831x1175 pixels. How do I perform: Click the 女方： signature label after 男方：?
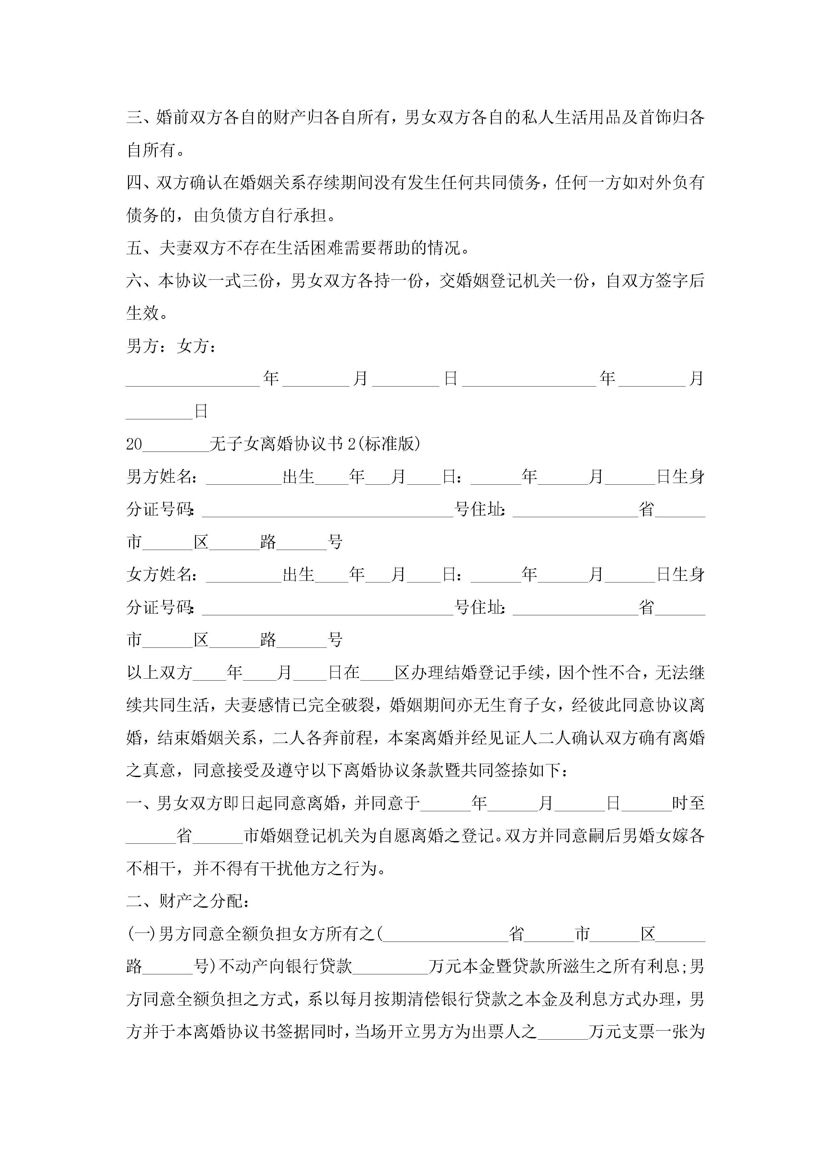tap(197, 346)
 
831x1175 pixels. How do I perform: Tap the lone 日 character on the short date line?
tap(201, 411)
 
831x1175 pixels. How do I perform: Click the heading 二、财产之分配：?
tap(187, 901)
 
